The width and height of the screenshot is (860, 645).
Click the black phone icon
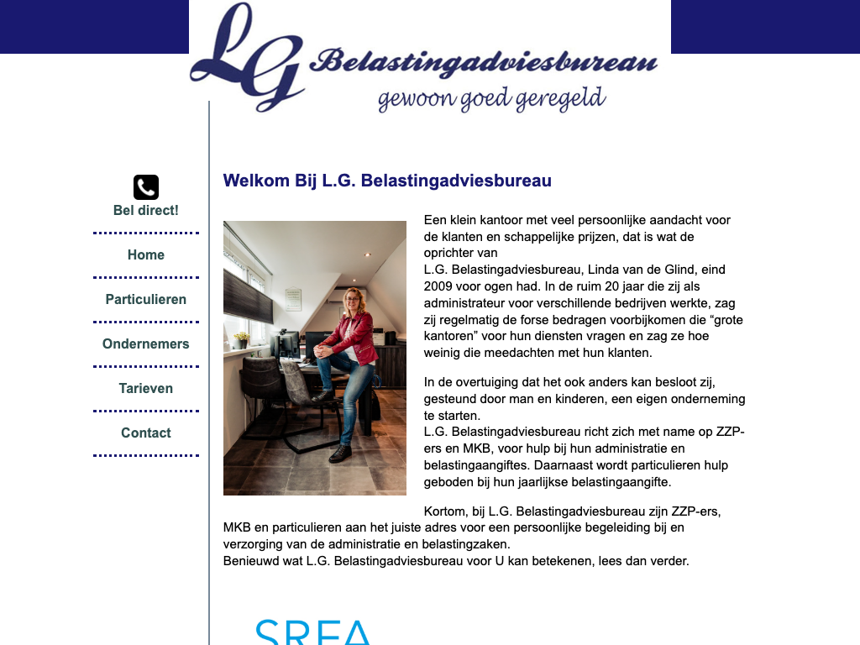[x=146, y=187]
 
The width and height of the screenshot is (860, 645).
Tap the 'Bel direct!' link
[x=146, y=211]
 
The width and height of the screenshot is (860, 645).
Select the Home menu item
[x=146, y=254]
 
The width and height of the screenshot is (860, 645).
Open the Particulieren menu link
[x=146, y=299]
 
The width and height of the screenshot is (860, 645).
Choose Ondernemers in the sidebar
[x=146, y=343]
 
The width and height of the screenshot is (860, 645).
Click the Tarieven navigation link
[x=146, y=388]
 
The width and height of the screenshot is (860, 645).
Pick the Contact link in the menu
[x=146, y=433]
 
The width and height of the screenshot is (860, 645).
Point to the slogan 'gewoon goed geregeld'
[x=491, y=99]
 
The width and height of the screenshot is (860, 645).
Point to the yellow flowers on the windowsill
[x=242, y=337]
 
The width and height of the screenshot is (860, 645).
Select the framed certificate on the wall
[x=293, y=299]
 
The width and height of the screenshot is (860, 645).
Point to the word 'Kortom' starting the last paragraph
[x=446, y=511]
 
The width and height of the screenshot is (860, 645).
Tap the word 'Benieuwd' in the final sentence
[x=249, y=561]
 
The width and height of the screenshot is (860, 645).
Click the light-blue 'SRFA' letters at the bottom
[x=312, y=632]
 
